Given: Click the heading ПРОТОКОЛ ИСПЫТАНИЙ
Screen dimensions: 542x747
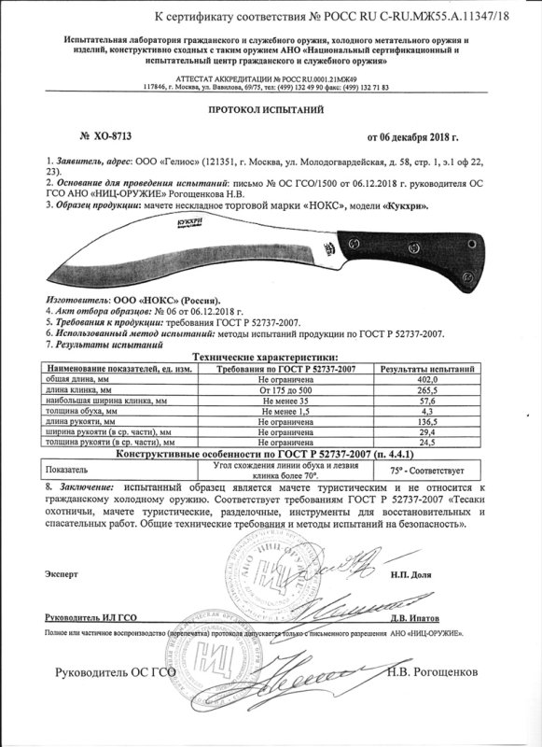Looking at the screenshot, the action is coord(271,109).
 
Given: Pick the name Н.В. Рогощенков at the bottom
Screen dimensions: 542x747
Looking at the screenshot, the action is coord(428,672).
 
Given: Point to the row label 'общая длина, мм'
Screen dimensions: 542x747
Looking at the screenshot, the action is coord(75,381).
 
